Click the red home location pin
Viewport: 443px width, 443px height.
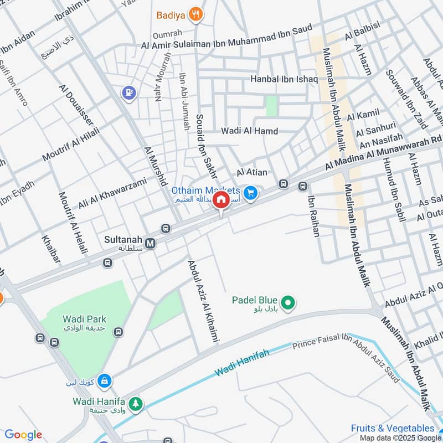point(221,200)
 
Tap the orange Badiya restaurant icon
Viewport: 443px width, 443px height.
point(195,15)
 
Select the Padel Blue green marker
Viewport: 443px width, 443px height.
point(288,302)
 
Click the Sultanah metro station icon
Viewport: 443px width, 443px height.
point(151,242)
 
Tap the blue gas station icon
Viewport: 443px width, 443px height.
point(129,92)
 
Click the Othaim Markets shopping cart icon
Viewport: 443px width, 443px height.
point(251,193)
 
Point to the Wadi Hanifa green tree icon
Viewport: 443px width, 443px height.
point(135,405)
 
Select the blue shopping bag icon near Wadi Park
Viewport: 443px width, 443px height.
point(104,381)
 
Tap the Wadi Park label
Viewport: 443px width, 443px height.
point(84,319)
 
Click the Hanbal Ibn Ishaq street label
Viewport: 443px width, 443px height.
point(284,79)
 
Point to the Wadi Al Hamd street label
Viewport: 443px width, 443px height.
point(249,131)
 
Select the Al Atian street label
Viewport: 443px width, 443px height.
point(252,173)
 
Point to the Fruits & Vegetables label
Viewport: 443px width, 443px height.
point(393,428)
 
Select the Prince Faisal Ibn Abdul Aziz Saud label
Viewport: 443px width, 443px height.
point(349,357)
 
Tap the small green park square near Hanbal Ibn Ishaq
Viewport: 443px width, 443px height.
point(271,106)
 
